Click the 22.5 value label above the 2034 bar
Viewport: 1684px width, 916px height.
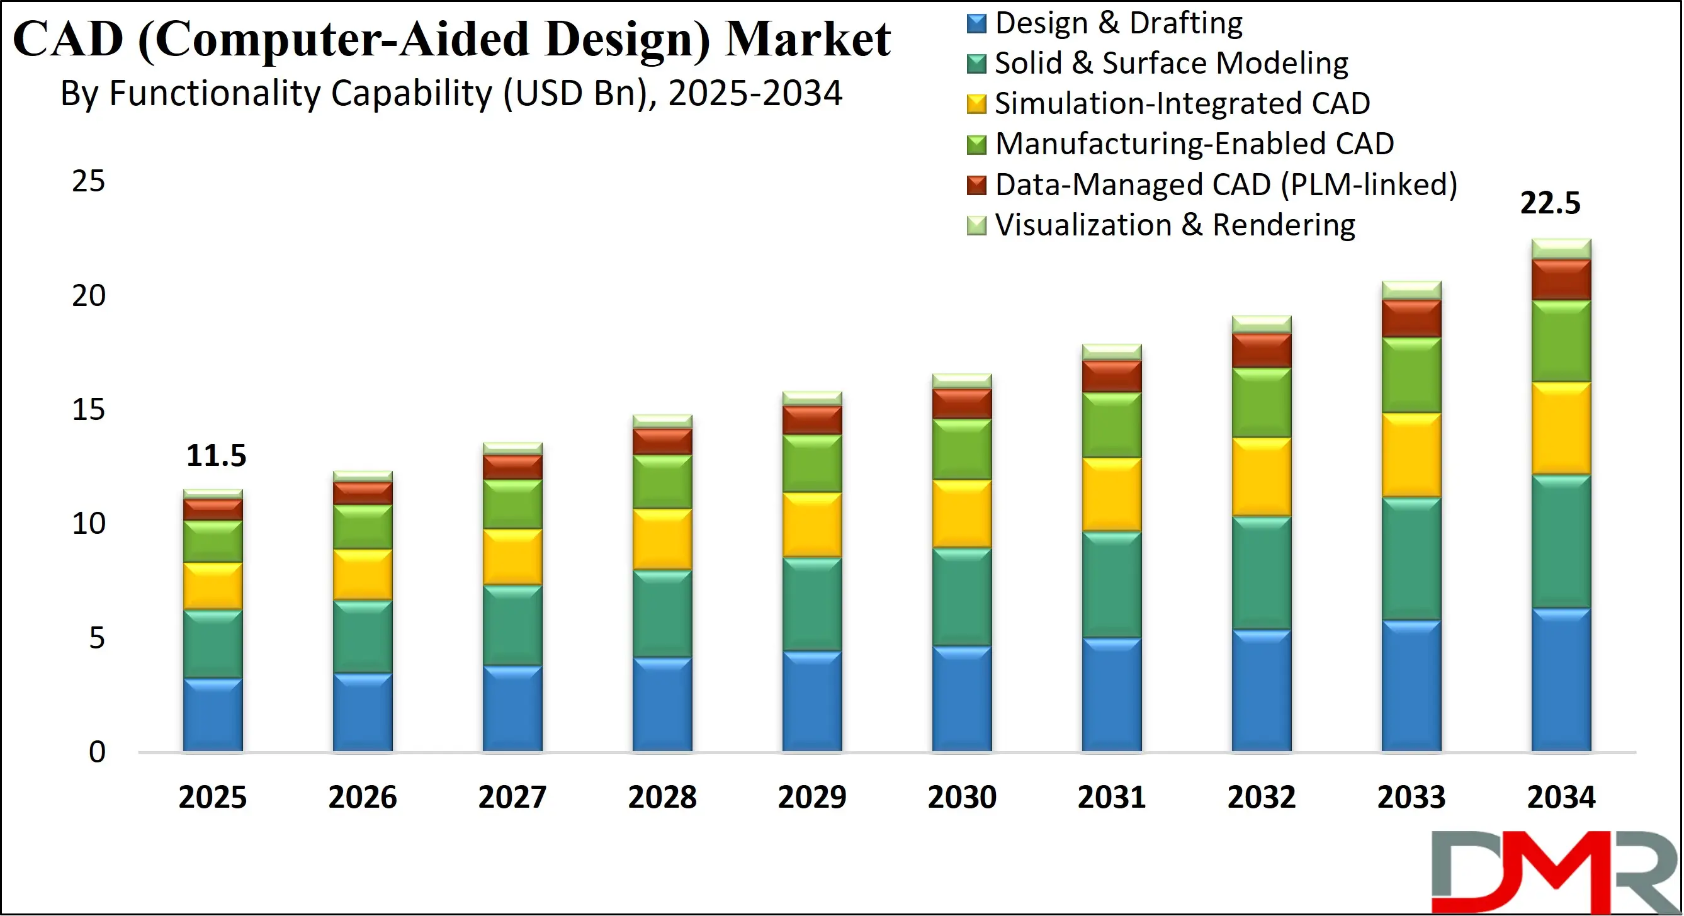pyautogui.click(x=1549, y=203)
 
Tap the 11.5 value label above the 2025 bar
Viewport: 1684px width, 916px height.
pyautogui.click(x=216, y=456)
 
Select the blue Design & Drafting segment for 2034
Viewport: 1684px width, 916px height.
pyautogui.click(x=1561, y=680)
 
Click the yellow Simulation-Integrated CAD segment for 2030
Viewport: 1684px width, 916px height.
pyautogui.click(x=962, y=514)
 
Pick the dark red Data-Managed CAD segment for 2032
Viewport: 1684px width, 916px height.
pyautogui.click(x=1261, y=351)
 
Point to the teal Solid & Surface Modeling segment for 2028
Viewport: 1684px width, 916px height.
pyautogui.click(x=662, y=613)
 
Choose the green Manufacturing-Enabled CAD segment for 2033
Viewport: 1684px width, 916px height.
pyautogui.click(x=1411, y=375)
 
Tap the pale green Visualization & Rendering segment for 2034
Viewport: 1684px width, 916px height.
pyautogui.click(x=1561, y=249)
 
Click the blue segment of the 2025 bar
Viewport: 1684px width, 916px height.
pyautogui.click(x=212, y=715)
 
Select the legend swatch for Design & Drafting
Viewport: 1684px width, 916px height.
pyautogui.click(x=976, y=23)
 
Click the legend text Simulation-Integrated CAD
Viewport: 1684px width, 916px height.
pyautogui.click(x=1182, y=103)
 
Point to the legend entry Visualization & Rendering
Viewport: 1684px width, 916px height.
pyautogui.click(x=1175, y=225)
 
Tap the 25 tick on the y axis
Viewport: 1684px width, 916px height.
pyautogui.click(x=88, y=181)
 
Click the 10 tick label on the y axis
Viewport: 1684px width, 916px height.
pyautogui.click(x=88, y=524)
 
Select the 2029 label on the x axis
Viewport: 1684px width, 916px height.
pyautogui.click(x=812, y=797)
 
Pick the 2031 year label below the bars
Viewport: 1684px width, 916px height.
pyautogui.click(x=1111, y=797)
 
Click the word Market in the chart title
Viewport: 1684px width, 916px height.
pyautogui.click(x=808, y=39)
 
